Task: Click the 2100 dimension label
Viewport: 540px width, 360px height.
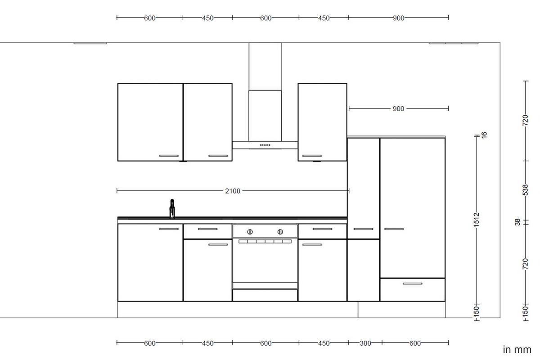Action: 233,191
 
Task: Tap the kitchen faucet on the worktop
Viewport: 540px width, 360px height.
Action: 171,209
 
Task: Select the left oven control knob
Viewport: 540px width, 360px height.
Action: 250,232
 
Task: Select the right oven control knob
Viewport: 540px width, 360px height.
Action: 280,232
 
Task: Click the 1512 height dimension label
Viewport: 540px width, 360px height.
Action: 477,221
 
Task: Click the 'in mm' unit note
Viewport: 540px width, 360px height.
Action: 517,350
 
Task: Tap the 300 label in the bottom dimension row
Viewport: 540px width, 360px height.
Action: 365,343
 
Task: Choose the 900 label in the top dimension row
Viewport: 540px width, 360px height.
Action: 398,18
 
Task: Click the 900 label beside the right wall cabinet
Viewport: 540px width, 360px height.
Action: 398,108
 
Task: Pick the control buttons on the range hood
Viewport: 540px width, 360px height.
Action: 265,145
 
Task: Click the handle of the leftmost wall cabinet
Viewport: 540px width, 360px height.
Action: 169,156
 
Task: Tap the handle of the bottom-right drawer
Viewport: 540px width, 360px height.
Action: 412,283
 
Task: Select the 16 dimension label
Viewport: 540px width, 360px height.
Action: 484,135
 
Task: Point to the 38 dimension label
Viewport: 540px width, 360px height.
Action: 517,222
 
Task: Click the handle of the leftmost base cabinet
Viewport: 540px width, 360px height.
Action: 169,229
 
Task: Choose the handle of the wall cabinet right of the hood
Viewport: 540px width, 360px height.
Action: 312,156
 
